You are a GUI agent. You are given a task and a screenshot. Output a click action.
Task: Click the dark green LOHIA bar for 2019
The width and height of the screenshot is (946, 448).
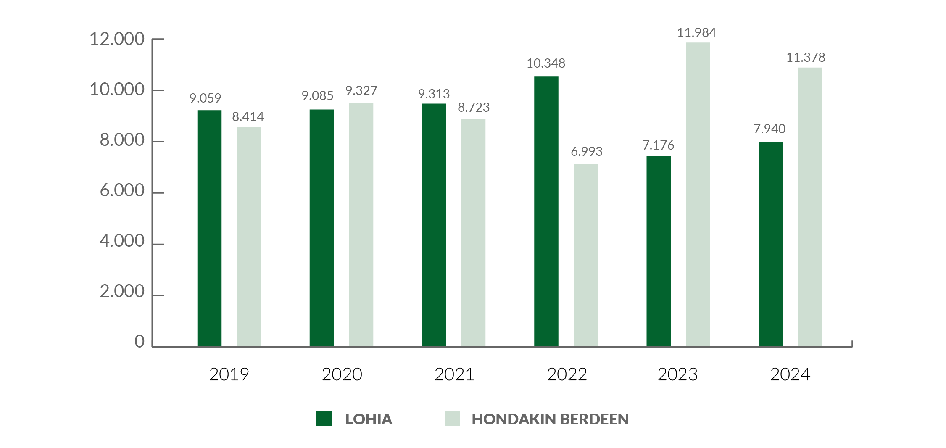tap(209, 228)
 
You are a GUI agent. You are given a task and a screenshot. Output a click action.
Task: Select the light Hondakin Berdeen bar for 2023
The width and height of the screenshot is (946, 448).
tap(698, 194)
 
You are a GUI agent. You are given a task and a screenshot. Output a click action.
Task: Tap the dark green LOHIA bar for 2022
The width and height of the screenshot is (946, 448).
tap(546, 211)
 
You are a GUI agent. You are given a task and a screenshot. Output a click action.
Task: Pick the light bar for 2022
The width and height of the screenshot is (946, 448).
tap(585, 255)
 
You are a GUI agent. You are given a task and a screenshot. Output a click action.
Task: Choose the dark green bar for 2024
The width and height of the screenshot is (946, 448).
tap(771, 244)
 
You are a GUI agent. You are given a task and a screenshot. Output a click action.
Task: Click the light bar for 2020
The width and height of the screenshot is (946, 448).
tap(361, 224)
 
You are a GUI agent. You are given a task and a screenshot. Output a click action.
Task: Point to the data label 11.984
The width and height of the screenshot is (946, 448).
tap(696, 32)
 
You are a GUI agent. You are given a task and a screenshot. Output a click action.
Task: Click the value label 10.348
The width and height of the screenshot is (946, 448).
tap(545, 63)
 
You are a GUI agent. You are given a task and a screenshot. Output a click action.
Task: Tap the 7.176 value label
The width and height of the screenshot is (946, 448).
tap(658, 145)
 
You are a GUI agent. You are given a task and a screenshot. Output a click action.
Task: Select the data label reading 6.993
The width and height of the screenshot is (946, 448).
tap(586, 151)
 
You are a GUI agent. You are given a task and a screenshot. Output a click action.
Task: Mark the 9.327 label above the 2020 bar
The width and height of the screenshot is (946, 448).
tap(361, 90)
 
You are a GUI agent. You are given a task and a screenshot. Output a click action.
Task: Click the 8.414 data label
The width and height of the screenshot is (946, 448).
tap(248, 116)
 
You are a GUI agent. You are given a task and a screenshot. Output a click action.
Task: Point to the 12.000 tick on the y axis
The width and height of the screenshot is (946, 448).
tap(117, 39)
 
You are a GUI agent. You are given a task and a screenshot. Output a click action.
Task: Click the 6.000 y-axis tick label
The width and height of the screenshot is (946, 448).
tap(122, 191)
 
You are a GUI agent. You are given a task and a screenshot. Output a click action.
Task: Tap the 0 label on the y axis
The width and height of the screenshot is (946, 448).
tap(140, 342)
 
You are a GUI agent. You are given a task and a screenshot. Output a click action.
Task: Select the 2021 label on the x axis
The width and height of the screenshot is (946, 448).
tap(454, 374)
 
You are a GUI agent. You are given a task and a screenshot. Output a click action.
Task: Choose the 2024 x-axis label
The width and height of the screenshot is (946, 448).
tap(790, 374)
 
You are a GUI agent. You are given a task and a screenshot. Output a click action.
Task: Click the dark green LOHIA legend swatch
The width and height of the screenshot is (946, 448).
tap(324, 419)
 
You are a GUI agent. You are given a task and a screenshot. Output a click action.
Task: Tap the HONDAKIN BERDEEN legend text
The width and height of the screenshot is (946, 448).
tap(550, 419)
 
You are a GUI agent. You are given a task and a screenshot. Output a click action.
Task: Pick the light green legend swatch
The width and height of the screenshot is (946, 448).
tap(452, 419)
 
